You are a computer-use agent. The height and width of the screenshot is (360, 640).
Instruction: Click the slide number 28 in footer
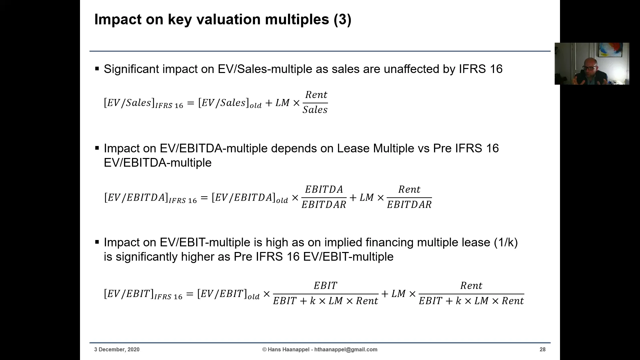tap(542, 349)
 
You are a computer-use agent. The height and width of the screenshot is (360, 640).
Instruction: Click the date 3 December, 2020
tap(117, 349)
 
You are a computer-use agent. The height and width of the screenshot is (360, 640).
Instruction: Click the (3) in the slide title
tap(342, 19)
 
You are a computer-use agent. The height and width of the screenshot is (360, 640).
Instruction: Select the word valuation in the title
tap(228, 19)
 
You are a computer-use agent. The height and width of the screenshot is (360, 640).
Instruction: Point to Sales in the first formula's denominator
tap(315, 110)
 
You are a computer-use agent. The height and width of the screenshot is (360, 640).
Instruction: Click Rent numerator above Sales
tap(316, 95)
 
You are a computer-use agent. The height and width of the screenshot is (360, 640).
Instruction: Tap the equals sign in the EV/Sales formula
tap(190, 103)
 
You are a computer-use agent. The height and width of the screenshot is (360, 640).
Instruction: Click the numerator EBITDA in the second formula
tap(324, 189)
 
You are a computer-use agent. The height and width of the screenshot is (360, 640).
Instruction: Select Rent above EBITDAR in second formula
tap(409, 189)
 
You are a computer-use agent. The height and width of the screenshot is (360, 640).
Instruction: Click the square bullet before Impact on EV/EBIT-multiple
tap(97, 242)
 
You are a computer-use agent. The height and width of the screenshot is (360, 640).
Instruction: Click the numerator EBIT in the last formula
tap(325, 286)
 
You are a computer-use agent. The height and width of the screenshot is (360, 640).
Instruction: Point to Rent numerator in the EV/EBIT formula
tap(471, 286)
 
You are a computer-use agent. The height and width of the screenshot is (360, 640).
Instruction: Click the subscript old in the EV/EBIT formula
tap(253, 297)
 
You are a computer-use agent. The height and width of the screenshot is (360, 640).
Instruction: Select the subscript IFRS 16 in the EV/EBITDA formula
tap(183, 201)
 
